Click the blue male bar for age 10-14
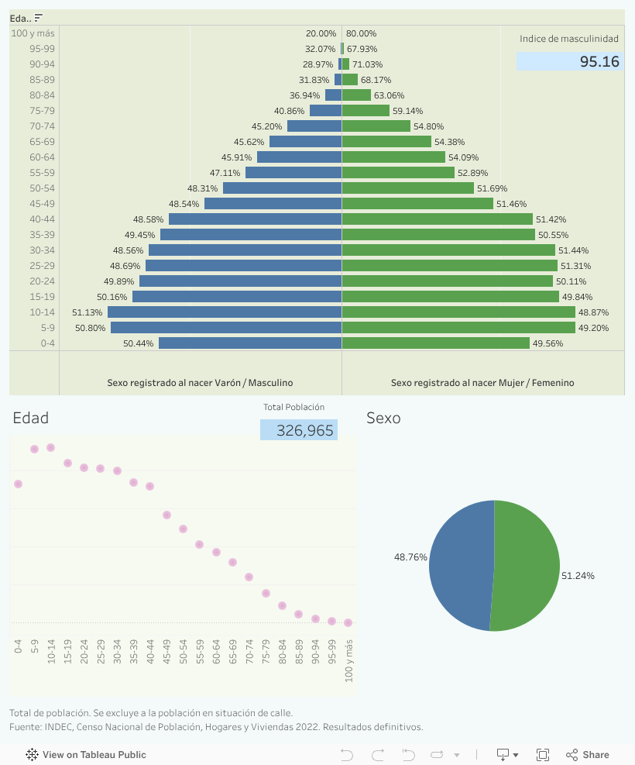click(225, 312)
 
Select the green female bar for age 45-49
click(417, 204)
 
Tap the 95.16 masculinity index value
click(599, 62)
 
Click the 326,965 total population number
click(305, 431)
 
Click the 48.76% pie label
click(410, 557)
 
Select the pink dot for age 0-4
click(18, 484)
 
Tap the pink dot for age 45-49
click(166, 515)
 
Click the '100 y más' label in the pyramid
click(33, 33)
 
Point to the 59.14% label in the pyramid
click(408, 111)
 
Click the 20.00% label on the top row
click(321, 33)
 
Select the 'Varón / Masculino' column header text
click(200, 383)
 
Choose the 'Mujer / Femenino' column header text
click(482, 383)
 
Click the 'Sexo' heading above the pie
click(383, 419)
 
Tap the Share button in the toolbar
click(588, 755)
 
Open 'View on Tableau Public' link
click(86, 755)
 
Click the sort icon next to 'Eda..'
click(39, 18)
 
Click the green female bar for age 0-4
click(435, 343)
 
